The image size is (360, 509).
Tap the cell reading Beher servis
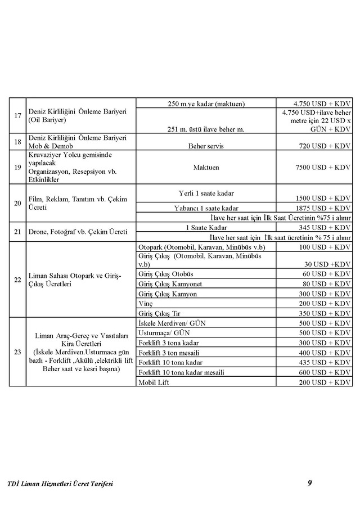(206, 145)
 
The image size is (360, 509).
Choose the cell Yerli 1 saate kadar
(206, 193)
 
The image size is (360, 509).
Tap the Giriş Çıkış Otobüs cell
(166, 274)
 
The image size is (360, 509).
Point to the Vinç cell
(145, 303)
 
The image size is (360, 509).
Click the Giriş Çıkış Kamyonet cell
(170, 284)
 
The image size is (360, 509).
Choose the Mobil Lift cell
(154, 382)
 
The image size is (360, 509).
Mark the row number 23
(17, 352)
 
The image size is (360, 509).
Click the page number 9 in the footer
(309, 482)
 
